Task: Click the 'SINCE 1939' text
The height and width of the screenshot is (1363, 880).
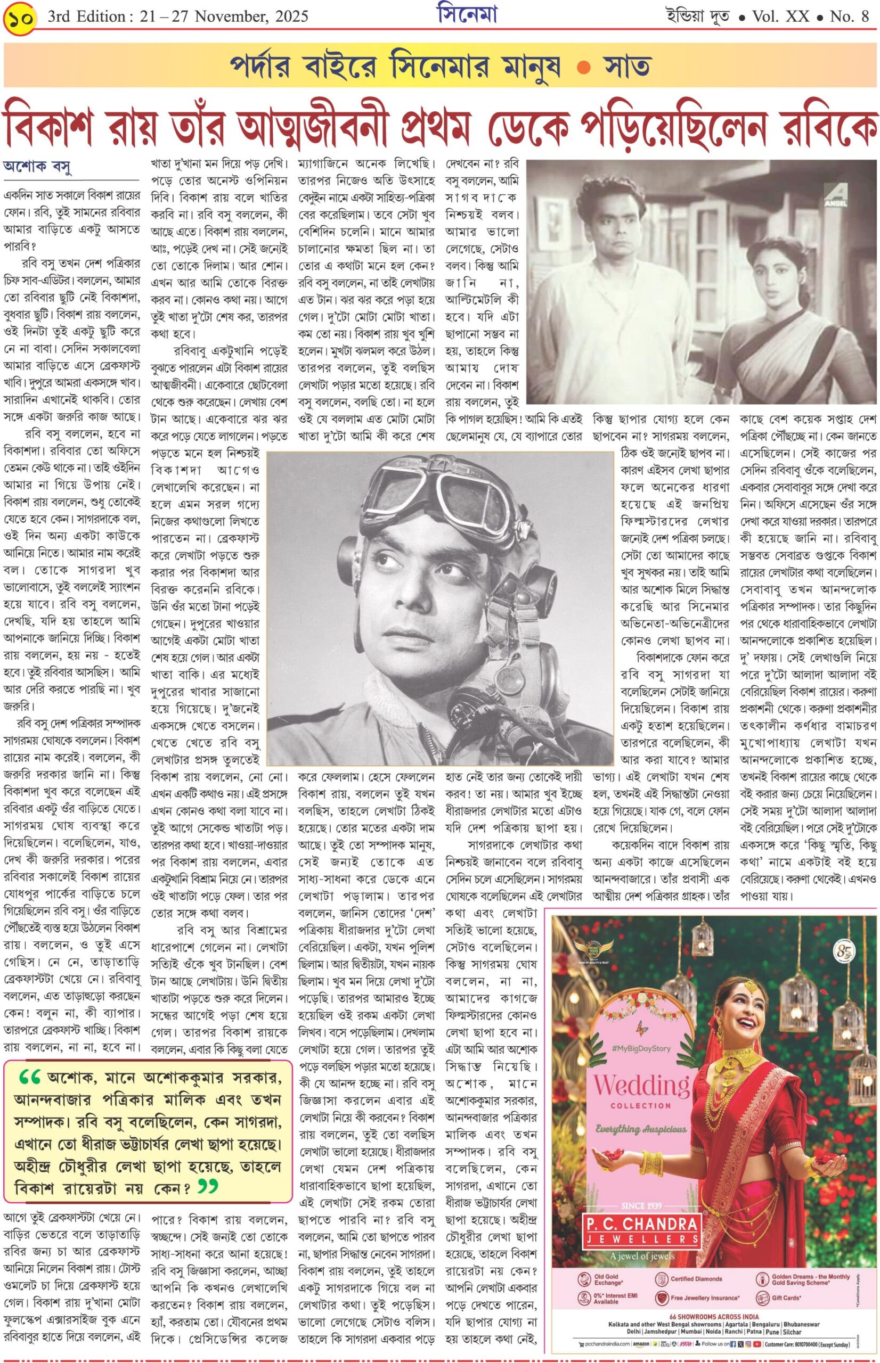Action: point(642,1189)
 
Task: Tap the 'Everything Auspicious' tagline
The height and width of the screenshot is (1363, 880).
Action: point(641,1129)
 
